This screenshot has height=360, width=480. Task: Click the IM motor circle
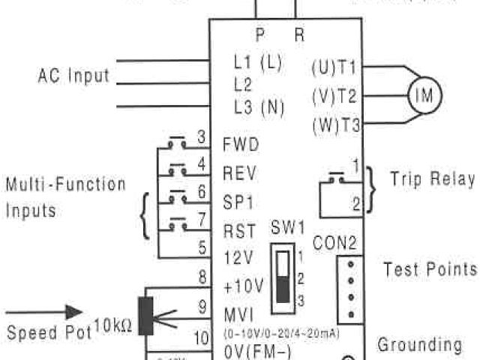click(x=424, y=95)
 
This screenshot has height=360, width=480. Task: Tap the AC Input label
click(x=73, y=76)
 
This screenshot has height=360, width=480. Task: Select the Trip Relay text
click(x=432, y=179)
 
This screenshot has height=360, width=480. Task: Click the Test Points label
click(x=430, y=269)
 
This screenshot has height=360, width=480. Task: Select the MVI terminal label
click(x=238, y=312)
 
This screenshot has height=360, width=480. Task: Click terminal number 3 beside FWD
click(x=201, y=137)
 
